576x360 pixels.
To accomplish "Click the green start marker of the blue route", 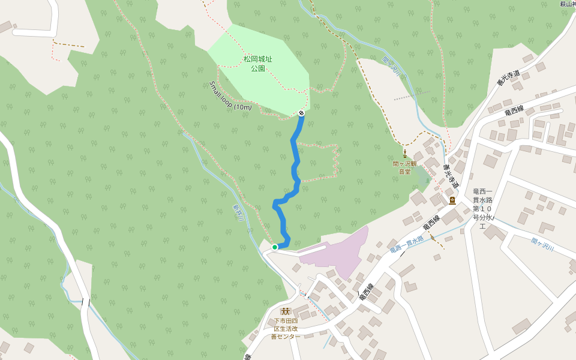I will point(275,247).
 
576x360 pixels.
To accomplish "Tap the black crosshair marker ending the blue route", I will point(301,113).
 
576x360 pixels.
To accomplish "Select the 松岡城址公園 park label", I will point(258,64).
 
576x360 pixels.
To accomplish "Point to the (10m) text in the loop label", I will point(242,107).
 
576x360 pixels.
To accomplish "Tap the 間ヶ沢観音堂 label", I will point(405,167).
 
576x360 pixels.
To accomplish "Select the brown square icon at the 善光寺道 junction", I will point(452,200).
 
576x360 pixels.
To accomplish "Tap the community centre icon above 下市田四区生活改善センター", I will point(285,311).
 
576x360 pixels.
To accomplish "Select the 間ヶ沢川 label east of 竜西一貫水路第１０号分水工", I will point(542,245).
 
